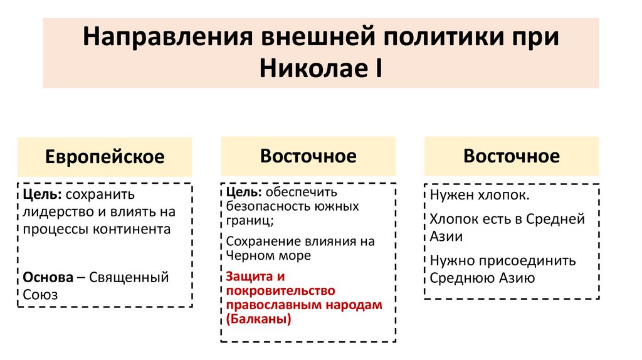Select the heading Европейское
(104, 157)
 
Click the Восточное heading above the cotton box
(511, 156)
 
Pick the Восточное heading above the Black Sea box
(308, 156)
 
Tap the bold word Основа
(46, 277)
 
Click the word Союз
(40, 294)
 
